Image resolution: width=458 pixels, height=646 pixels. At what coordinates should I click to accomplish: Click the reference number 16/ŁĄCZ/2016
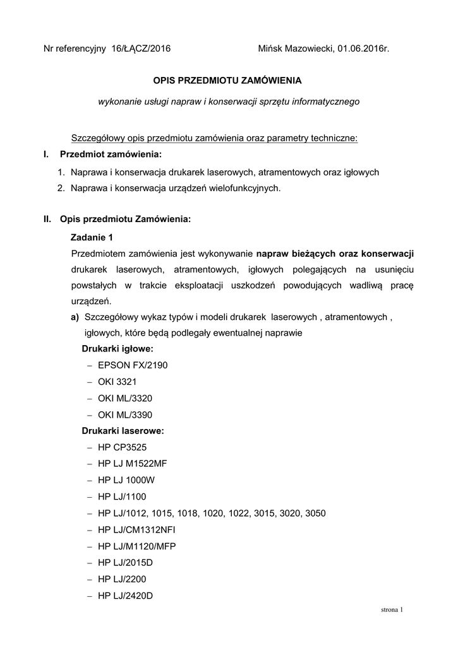tap(141, 48)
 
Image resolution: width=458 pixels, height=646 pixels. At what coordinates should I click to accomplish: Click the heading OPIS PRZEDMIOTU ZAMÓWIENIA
tap(228, 81)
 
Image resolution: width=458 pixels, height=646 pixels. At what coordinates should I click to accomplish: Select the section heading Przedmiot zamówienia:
tap(111, 155)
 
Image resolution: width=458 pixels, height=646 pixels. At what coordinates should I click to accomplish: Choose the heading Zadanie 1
tap(92, 237)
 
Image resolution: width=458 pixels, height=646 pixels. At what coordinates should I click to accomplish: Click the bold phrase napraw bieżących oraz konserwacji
tap(335, 254)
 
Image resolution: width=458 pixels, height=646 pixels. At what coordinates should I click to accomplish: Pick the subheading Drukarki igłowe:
tap(118, 349)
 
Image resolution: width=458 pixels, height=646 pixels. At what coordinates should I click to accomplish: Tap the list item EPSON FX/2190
tap(133, 365)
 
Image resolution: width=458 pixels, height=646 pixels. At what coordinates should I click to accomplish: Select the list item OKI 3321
tap(117, 382)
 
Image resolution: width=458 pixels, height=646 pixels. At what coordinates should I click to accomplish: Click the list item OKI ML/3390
tap(125, 414)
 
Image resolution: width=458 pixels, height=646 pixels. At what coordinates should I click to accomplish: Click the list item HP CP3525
tap(123, 447)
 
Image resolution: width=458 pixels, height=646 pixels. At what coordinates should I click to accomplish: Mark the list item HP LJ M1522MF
tap(133, 464)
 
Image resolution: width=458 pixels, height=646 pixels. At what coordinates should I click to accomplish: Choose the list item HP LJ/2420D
tap(126, 596)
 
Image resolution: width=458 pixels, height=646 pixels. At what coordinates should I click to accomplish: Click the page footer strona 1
tap(392, 610)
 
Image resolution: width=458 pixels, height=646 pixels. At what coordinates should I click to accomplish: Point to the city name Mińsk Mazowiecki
tap(296, 48)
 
